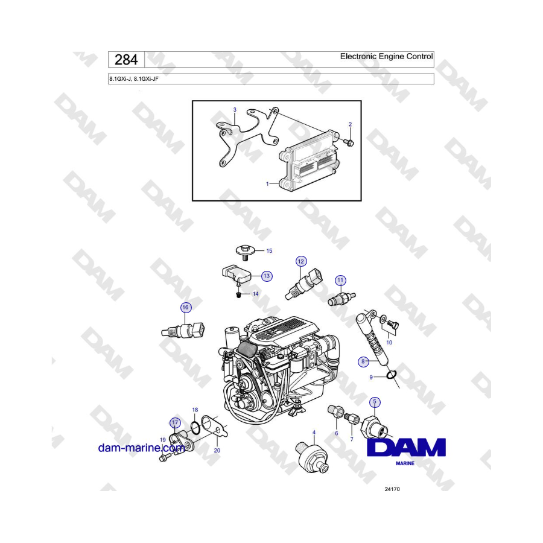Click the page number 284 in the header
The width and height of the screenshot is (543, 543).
(x=126, y=60)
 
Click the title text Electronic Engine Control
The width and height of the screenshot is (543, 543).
(x=386, y=57)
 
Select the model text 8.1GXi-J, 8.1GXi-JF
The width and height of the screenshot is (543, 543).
(x=134, y=79)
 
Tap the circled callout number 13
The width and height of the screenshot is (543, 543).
(x=266, y=276)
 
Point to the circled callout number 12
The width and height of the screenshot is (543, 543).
(x=300, y=261)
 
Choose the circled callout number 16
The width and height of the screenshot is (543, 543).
(x=186, y=307)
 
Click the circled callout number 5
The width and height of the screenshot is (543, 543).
(x=374, y=402)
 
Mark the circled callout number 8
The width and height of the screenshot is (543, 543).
(x=363, y=361)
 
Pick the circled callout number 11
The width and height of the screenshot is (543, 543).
(x=340, y=281)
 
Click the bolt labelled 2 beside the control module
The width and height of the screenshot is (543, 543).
(x=349, y=142)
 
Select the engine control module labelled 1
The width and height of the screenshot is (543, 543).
(x=308, y=160)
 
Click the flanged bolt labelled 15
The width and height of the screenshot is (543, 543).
(x=245, y=252)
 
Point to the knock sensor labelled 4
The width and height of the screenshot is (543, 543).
(x=312, y=458)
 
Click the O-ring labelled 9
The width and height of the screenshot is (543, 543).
(x=390, y=374)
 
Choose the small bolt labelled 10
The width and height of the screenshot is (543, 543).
(x=393, y=325)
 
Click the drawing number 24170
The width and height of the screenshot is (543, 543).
(x=392, y=489)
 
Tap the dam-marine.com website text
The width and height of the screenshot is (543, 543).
(x=142, y=448)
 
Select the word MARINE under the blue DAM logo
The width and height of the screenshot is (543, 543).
(x=405, y=463)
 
